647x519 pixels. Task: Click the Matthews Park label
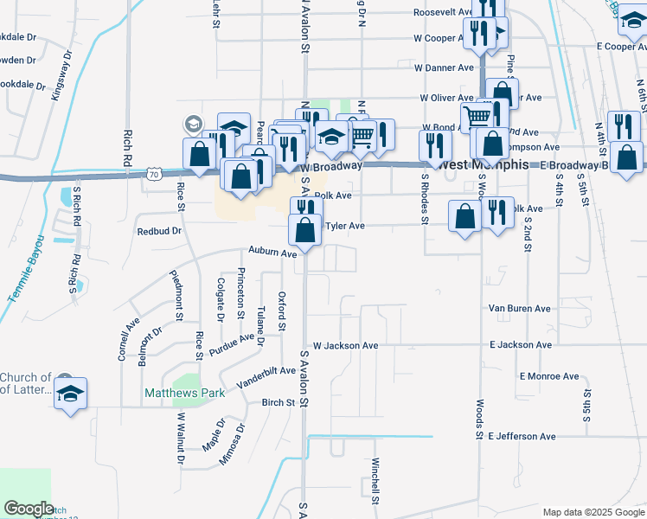184,393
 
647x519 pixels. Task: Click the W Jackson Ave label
345,345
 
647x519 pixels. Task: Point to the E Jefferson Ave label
522,437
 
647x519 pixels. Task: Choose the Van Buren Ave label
519,308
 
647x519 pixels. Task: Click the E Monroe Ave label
549,376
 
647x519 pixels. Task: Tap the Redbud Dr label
159,231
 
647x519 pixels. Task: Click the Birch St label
279,402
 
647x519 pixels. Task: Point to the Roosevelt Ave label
442,13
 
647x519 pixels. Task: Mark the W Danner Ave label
444,67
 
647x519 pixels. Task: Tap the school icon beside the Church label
70,394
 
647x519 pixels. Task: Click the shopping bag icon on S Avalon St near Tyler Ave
304,230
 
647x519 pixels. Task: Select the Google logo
29,508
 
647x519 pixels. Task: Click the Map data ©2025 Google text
593,511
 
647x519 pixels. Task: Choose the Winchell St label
376,481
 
